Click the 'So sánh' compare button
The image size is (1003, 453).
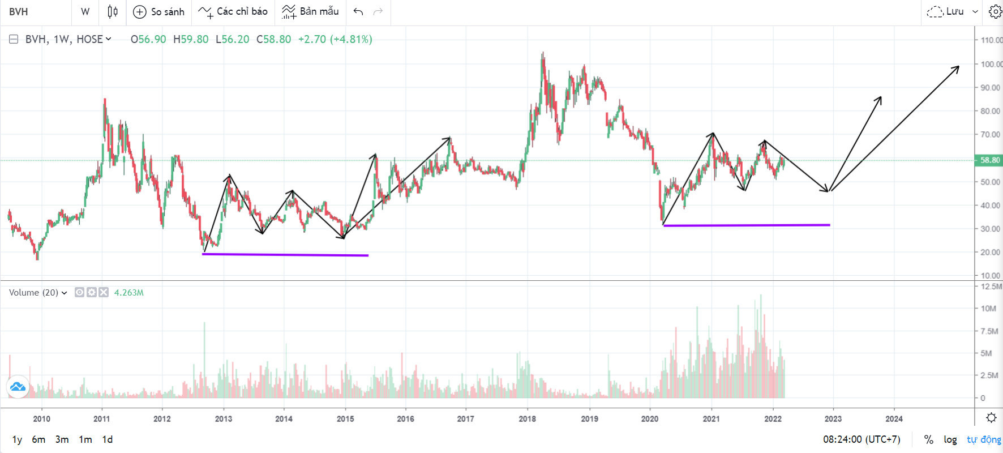tap(158, 12)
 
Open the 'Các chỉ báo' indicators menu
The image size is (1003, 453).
tap(233, 12)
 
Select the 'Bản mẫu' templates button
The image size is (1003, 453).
tap(310, 12)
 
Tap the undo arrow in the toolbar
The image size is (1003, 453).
tap(358, 12)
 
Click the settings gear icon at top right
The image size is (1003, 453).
tap(995, 12)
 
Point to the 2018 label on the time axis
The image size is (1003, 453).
tap(527, 419)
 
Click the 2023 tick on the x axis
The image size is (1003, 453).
tap(833, 419)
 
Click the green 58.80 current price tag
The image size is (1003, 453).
tap(989, 160)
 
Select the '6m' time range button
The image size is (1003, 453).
tap(38, 439)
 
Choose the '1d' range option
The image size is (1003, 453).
tap(107, 439)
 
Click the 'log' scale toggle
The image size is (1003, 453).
tap(950, 439)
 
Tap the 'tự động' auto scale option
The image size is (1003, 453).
tap(984, 439)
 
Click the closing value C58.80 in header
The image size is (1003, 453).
tap(273, 39)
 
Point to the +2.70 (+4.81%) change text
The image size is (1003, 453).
tap(335, 39)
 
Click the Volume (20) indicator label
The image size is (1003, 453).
tap(33, 293)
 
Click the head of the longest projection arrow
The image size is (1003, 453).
tap(958, 67)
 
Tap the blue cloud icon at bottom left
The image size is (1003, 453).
tap(18, 387)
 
